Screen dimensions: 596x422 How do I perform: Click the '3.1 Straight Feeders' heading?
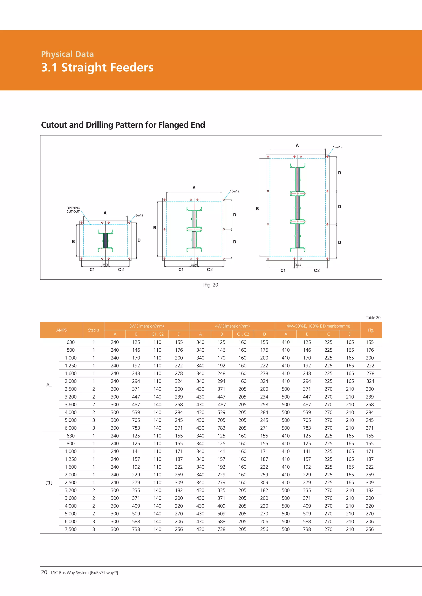point(97,68)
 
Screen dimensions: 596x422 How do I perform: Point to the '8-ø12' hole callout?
point(139,216)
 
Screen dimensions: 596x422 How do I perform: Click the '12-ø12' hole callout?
point(337,147)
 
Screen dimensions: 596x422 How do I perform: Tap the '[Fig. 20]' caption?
point(211,285)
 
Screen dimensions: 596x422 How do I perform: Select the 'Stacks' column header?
point(93,330)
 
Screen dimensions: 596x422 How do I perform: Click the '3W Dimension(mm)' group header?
point(147,326)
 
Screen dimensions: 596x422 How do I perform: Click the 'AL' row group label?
point(49,385)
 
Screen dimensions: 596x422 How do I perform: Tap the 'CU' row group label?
point(49,483)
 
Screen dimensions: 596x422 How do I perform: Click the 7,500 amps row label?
point(70,529)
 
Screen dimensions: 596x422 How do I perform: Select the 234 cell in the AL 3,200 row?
point(264,397)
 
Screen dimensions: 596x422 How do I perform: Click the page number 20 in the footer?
point(44,572)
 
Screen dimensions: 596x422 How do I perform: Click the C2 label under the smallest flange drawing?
point(121,269)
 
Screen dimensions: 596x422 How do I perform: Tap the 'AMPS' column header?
point(61,330)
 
